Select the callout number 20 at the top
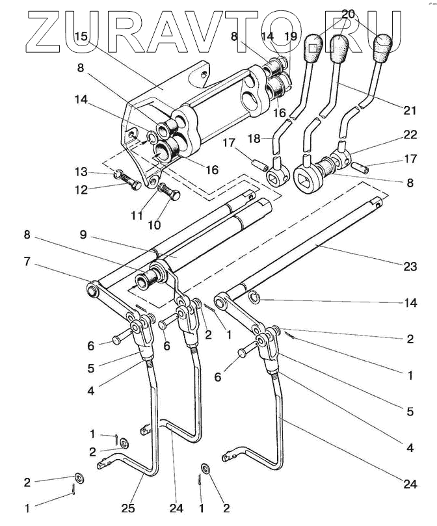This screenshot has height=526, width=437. [x=348, y=14]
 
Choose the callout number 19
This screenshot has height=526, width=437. [x=290, y=37]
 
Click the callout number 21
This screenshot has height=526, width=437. [x=409, y=110]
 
